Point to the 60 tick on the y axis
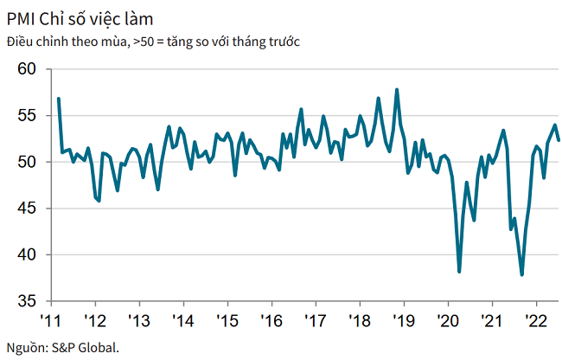point(29,68)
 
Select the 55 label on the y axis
point(29,115)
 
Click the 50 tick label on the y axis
point(29,162)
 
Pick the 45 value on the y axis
point(29,209)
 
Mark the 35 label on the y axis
point(29,301)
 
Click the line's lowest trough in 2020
point(459,272)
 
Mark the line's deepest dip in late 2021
point(522,274)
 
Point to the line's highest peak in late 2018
point(397,89)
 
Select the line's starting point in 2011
point(58,98)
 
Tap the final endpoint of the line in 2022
point(559,140)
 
